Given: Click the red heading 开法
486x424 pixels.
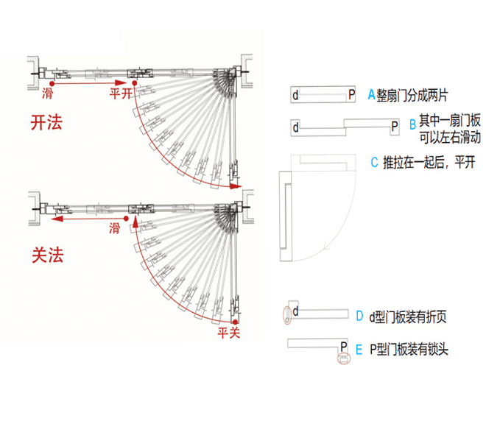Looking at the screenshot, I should point(46,122).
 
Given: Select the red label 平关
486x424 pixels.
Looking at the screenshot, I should point(229,333).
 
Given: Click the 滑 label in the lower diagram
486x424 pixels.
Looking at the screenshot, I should point(114,227).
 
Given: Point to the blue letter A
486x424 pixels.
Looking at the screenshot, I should point(370,94).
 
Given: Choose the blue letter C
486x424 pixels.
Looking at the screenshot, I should point(374,163).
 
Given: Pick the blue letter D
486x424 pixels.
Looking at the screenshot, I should point(359,317).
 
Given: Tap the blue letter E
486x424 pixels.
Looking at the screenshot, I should point(359,349).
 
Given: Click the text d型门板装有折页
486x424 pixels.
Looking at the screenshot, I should point(408,317).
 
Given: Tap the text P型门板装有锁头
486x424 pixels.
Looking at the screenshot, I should point(408,349).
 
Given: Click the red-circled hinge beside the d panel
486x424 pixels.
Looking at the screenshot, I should point(286,319).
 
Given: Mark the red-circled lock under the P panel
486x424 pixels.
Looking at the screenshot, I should point(342,359).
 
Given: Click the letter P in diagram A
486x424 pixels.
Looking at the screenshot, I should point(351,94).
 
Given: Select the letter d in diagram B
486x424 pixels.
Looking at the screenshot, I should point(296,127).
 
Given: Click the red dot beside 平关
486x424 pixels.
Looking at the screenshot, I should point(233,322).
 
